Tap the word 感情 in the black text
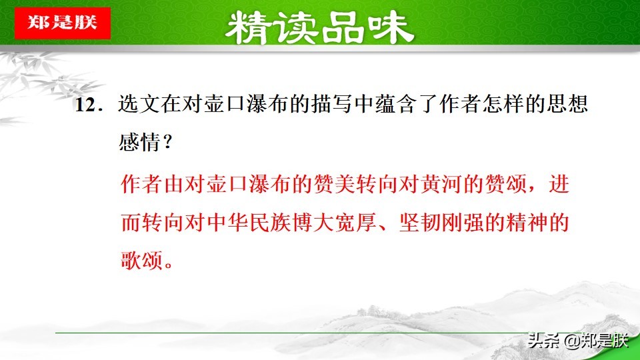(134, 142)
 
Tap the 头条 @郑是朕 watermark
(577, 341)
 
